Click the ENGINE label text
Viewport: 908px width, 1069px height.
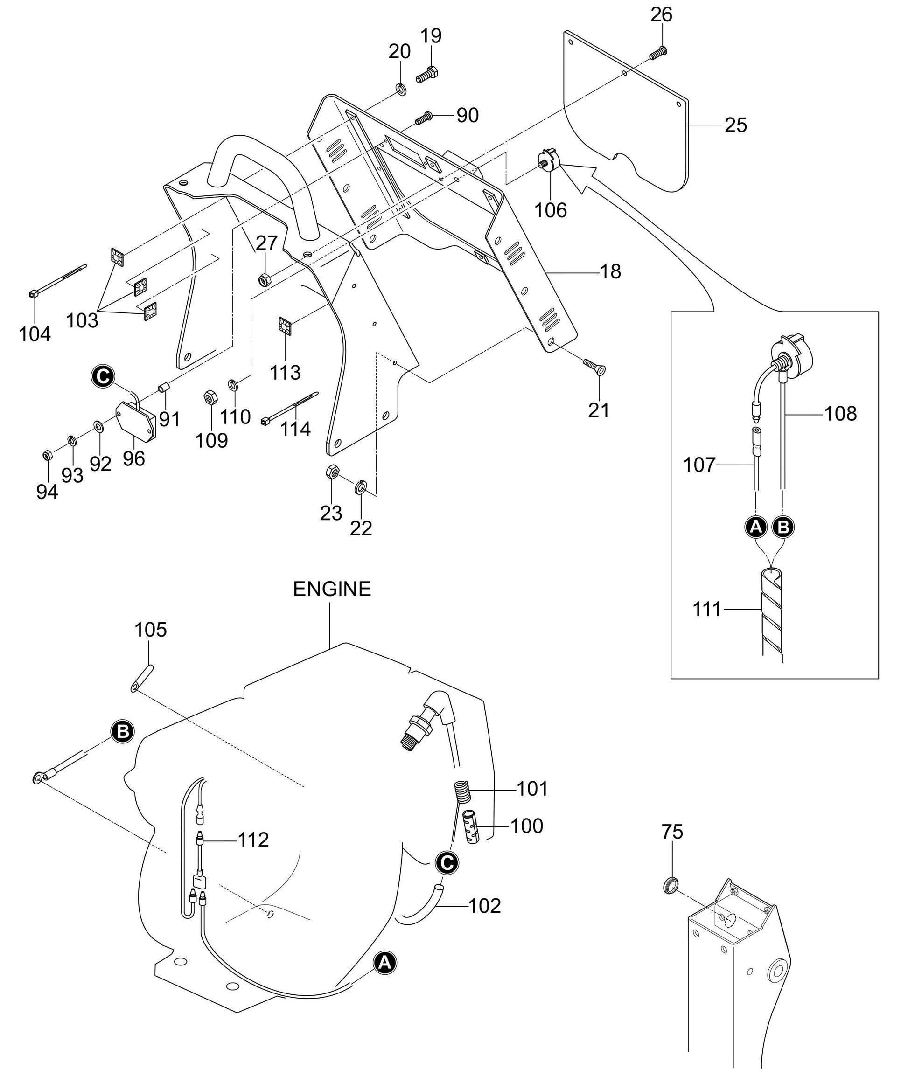click(332, 589)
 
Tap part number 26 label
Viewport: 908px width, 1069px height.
click(662, 15)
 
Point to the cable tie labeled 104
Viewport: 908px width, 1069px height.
click(56, 281)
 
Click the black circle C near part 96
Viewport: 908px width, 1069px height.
click(104, 376)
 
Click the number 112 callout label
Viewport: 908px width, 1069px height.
click(253, 840)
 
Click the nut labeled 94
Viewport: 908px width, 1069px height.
click(46, 455)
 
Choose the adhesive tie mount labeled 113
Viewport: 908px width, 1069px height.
click(285, 326)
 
